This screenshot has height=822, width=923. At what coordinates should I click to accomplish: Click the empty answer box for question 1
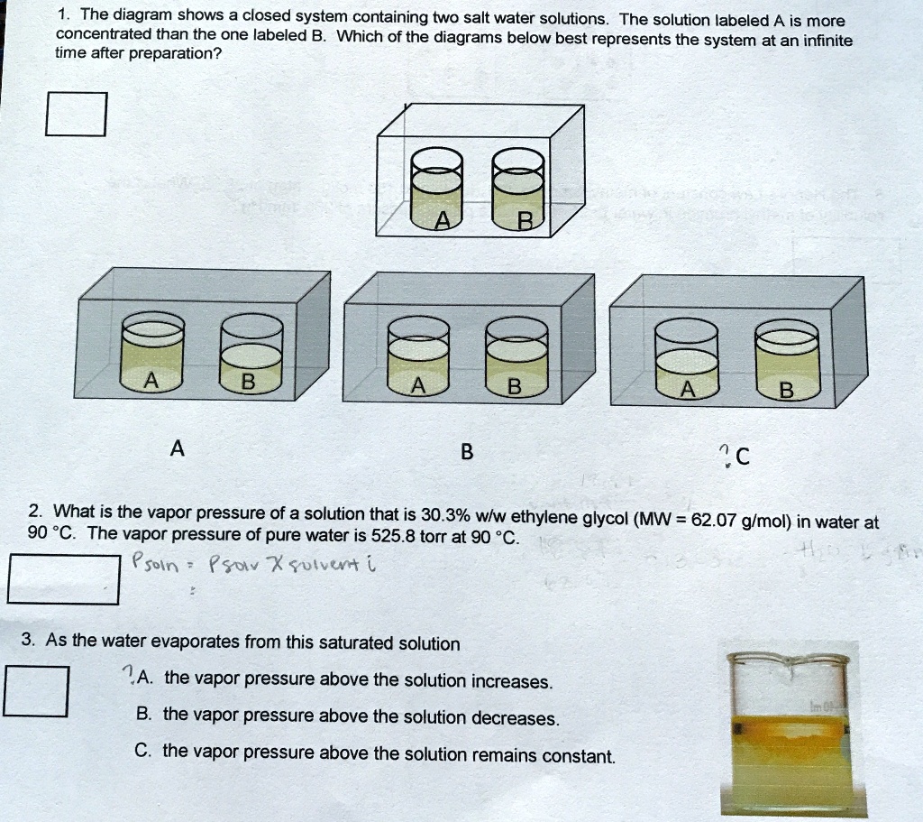(x=77, y=115)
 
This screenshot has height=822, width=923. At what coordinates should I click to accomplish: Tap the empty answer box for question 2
(x=63, y=579)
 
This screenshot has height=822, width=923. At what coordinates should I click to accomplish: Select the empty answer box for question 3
(x=36, y=690)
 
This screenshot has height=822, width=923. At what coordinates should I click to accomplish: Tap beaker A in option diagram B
(x=417, y=356)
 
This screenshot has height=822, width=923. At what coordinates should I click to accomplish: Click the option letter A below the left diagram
(x=178, y=448)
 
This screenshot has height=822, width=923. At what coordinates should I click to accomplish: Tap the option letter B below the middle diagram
(x=466, y=452)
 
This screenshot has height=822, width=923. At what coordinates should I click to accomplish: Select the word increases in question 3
(x=511, y=681)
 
